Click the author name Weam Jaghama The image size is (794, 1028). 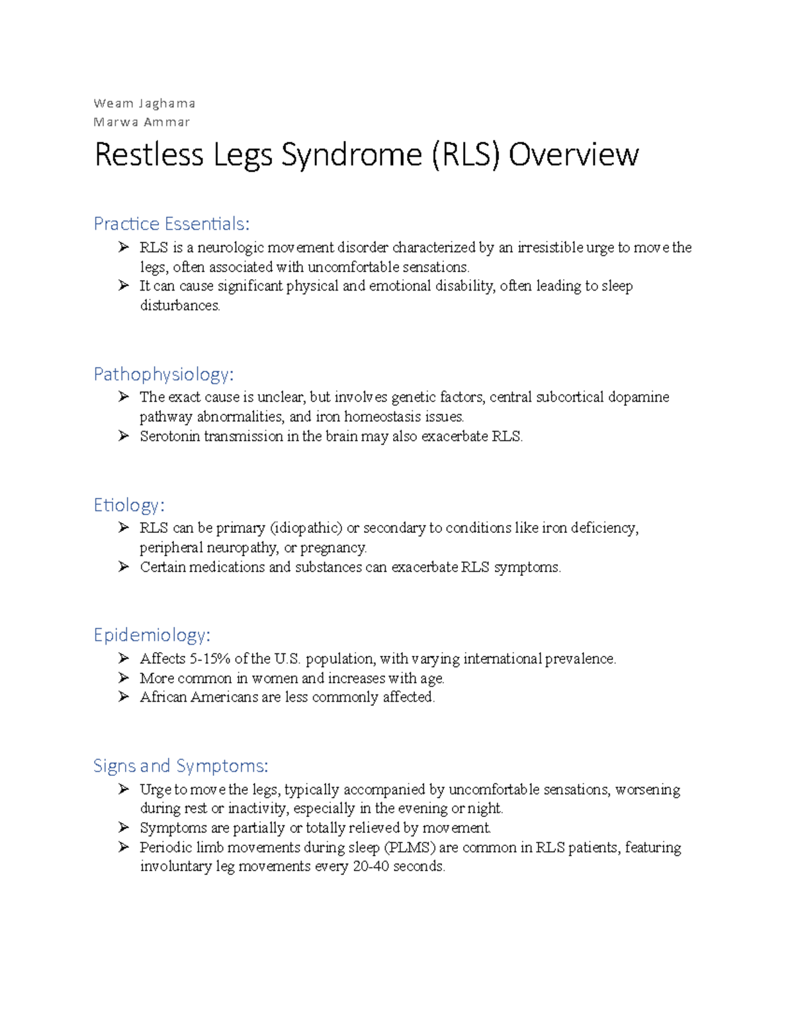coord(144,103)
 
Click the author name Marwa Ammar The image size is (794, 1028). coord(142,122)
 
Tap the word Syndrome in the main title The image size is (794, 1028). coord(351,156)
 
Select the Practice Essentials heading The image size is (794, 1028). coord(171,224)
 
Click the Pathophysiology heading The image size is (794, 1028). coord(163,375)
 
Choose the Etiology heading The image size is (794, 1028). coord(128,505)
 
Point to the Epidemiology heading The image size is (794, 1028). coord(152,635)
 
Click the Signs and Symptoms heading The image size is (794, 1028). coord(181,766)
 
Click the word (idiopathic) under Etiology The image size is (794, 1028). coord(306,528)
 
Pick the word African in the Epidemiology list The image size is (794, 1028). coord(163,697)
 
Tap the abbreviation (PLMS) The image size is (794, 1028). coord(410,847)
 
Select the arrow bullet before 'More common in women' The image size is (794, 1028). coord(124,678)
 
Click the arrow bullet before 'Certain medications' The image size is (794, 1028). coord(124,567)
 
